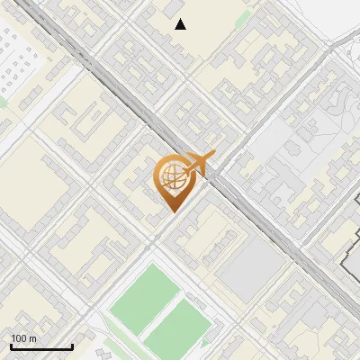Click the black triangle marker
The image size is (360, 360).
(181, 24)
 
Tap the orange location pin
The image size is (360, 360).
(171, 181)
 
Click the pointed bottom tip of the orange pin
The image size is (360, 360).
(173, 211)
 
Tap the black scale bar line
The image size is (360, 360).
(41, 347)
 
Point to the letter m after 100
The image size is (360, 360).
(33, 338)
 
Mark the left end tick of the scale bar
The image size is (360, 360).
(11, 346)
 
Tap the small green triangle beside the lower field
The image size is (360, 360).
(210, 340)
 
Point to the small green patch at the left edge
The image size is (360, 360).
(3, 101)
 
